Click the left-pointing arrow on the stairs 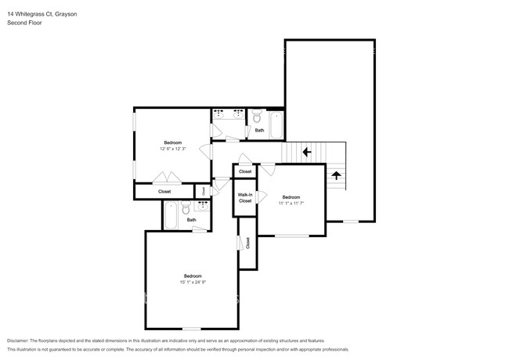point(307,153)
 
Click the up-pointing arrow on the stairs point(337,175)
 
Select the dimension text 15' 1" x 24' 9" point(193,283)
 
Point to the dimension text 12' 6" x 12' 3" point(171,149)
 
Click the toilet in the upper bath point(258,117)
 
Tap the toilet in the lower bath point(185,207)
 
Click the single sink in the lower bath point(201,207)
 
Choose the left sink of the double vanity point(218,115)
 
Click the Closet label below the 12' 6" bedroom point(164,191)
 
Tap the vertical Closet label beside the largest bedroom point(247,243)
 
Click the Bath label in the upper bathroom point(259,131)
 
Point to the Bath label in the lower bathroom point(191,220)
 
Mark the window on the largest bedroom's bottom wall point(192,328)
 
